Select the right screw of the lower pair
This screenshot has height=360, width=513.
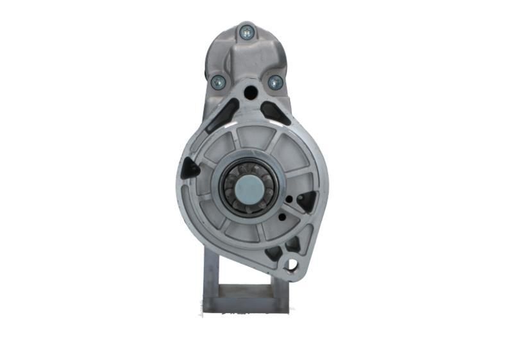pyautogui.click(x=275, y=81)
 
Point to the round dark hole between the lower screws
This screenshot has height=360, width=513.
pyautogui.click(x=250, y=92)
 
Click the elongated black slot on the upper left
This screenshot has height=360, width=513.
pyautogui.click(x=222, y=116)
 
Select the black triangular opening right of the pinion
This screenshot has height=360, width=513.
pyautogui.click(x=307, y=201)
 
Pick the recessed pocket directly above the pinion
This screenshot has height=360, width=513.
pyautogui.click(x=253, y=138)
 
